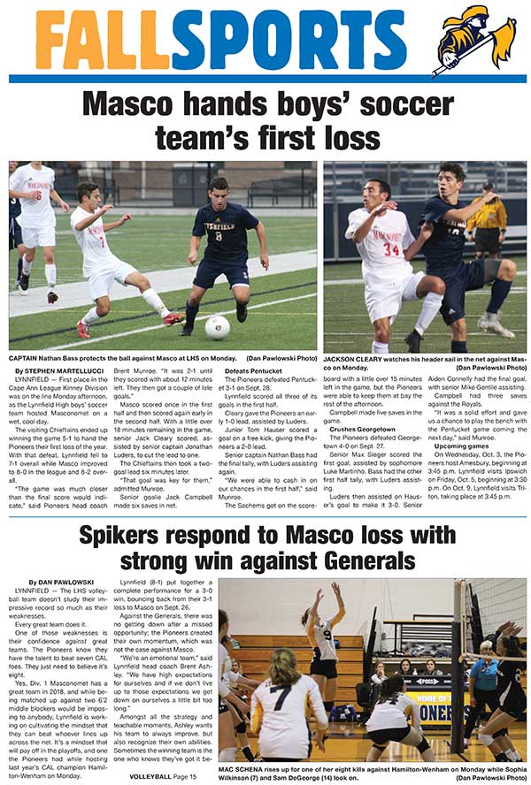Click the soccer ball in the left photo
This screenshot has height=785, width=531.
pyautogui.click(x=217, y=327)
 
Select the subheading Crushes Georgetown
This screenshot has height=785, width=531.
pyautogui.click(x=362, y=429)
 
